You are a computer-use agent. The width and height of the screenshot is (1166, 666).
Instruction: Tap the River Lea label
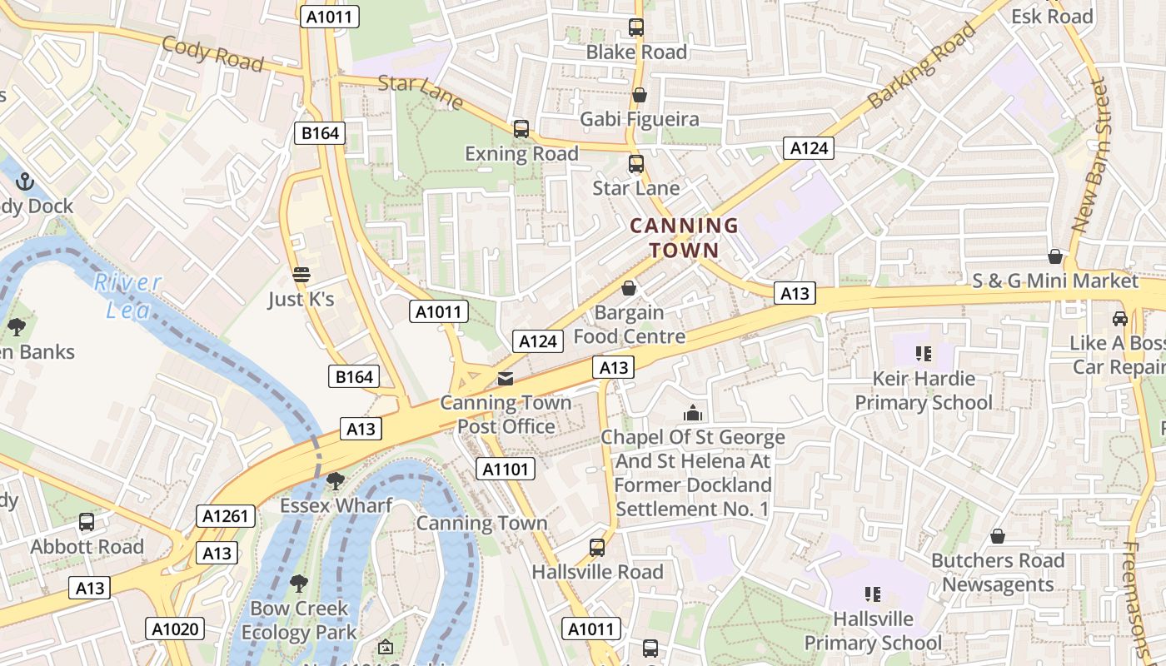[127, 296]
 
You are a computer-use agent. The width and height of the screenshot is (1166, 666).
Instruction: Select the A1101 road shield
[506, 469]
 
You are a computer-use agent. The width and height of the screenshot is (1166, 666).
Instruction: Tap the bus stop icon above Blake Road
[636, 27]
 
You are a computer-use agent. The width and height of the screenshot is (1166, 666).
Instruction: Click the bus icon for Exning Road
[521, 129]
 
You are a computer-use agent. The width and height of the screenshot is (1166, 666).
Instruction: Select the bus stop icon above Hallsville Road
[597, 548]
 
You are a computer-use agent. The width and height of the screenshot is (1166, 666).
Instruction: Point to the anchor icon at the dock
[25, 181]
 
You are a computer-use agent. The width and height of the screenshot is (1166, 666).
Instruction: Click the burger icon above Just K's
[301, 275]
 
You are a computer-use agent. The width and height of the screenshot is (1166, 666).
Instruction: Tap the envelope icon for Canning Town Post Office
[506, 379]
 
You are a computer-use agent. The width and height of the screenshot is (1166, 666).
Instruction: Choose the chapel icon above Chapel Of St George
[692, 413]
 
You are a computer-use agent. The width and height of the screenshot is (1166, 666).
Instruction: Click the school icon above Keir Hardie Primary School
[923, 354]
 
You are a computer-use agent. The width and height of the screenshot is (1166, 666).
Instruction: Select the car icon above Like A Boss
[1120, 319]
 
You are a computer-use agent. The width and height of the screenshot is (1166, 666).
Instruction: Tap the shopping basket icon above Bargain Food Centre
[630, 288]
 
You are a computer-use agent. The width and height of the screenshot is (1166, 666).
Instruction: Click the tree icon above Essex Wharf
[336, 481]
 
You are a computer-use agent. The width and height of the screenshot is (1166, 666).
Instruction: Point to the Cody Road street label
[212, 54]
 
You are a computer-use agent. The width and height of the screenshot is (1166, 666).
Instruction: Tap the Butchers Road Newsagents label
[998, 573]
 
